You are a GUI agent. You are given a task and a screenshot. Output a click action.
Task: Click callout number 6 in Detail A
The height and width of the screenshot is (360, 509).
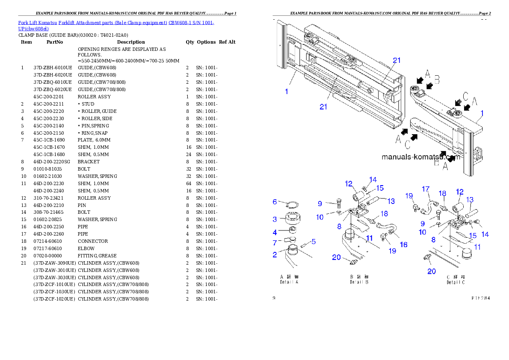[275, 202]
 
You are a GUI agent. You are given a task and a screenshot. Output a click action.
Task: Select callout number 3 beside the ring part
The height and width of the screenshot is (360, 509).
[275, 219]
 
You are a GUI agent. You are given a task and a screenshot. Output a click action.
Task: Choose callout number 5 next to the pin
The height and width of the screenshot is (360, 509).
[314, 242]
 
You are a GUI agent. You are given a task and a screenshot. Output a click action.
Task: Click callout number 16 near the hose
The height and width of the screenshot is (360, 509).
[403, 245]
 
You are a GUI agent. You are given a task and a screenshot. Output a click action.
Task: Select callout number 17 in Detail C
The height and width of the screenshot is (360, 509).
[426, 189]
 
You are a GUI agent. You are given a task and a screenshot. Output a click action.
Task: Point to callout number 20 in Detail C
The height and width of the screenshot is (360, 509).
[432, 271]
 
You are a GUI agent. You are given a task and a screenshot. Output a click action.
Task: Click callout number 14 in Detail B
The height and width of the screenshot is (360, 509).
[373, 180]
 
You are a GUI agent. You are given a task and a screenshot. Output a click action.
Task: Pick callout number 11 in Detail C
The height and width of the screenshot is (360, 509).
[478, 247]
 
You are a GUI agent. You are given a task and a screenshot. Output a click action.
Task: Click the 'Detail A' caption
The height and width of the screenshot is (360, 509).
[289, 280]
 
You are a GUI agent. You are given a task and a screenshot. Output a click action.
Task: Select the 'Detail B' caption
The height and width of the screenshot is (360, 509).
[360, 280]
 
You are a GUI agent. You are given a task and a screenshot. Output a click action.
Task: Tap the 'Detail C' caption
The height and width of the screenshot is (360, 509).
[456, 280]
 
